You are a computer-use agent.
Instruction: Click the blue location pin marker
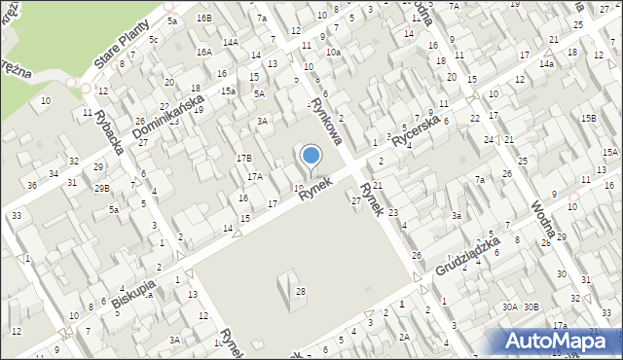point(311,157)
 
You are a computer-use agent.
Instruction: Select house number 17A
point(254,176)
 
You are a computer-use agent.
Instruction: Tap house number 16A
point(203,52)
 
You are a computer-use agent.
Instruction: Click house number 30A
point(509,306)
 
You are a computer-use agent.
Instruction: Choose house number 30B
point(531,306)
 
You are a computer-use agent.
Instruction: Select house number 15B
point(588,118)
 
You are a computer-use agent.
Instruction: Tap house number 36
point(32,185)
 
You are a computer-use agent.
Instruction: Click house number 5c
point(153,39)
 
